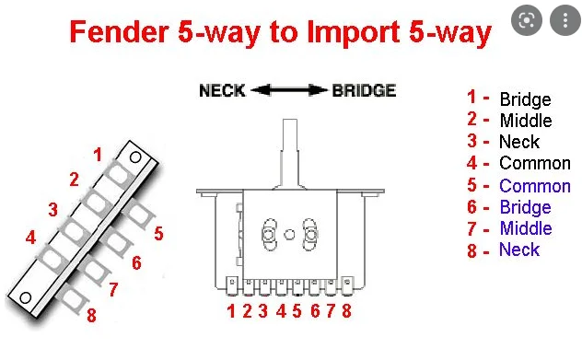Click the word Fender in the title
[x=120, y=31]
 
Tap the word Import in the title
[x=355, y=32]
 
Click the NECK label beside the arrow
[x=222, y=90]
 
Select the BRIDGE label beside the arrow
[x=364, y=90]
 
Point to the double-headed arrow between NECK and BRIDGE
[x=289, y=90]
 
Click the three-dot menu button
[x=565, y=20]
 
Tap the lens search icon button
[x=527, y=20]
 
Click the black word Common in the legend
[x=535, y=163]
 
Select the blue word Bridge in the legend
[x=525, y=207]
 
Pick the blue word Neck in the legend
[x=519, y=250]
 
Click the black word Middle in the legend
[x=526, y=121]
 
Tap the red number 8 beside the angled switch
[x=91, y=315]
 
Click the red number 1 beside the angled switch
[x=98, y=155]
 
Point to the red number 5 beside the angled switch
[x=159, y=234]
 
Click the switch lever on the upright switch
[x=290, y=154]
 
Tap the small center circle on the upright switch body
[x=289, y=235]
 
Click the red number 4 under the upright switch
[x=281, y=311]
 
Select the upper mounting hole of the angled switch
[x=135, y=157]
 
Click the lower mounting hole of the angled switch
[x=25, y=297]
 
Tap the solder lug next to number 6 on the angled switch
[x=118, y=241]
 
